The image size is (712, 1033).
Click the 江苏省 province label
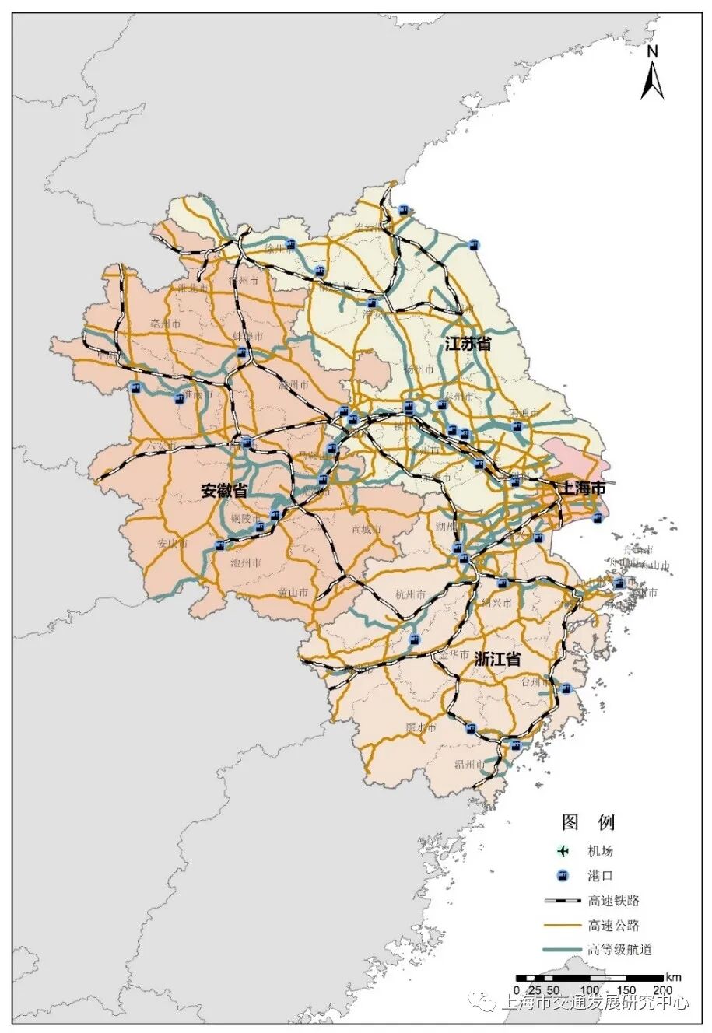468,344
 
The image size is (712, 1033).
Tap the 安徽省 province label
224,491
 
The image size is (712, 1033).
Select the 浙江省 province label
497,659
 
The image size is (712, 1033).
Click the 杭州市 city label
411,595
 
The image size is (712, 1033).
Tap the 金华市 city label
454,656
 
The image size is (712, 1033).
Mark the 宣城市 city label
366,530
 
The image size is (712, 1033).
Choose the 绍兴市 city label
496,603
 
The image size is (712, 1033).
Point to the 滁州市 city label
293,385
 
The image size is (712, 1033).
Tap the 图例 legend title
588,822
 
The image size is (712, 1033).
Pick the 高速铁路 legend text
613,901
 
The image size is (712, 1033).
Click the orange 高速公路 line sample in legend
563,926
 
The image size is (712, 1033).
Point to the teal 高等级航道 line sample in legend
563,950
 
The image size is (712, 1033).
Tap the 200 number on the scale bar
662,989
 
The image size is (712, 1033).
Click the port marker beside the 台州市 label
566,688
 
